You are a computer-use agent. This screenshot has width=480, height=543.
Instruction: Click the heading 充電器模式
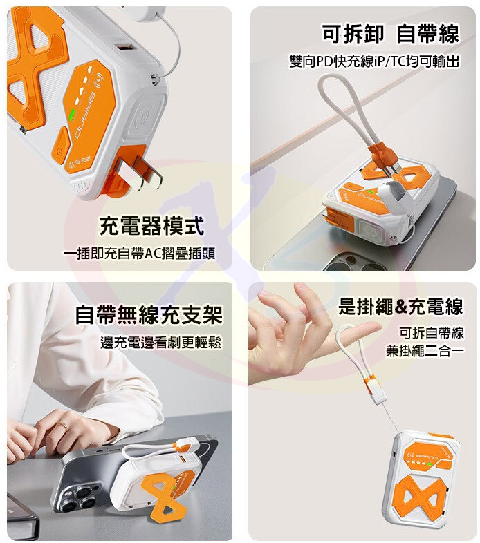click(151, 226)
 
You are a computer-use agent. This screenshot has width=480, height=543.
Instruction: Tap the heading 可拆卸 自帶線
click(391, 34)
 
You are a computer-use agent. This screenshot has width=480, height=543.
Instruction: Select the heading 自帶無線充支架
click(149, 314)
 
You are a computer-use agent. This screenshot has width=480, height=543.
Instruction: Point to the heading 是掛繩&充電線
click(400, 306)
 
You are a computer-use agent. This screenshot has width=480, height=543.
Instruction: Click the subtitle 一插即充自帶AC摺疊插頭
click(140, 254)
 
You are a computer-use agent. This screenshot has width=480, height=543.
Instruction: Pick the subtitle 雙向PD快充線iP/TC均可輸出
click(374, 61)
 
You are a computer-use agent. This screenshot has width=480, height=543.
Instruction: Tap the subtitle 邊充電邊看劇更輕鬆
click(161, 343)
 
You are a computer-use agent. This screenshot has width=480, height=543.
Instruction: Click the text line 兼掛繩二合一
click(425, 351)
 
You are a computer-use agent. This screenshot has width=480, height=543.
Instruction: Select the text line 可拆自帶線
click(432, 333)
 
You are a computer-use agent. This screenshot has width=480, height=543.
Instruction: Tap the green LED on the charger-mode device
click(73, 115)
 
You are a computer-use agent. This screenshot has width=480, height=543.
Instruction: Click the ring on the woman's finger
click(64, 426)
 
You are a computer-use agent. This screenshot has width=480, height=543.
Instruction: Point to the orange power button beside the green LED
click(59, 145)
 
